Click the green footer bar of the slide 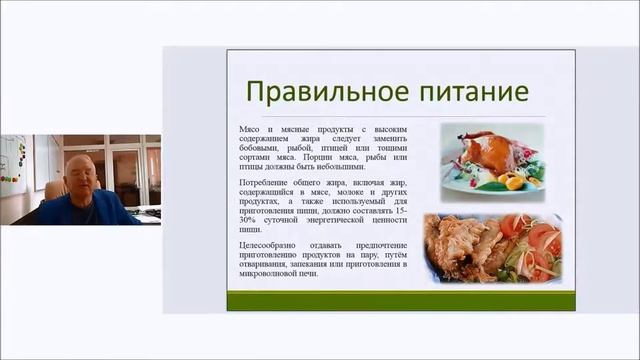coord(400,300)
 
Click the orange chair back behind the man coord(54,187)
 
